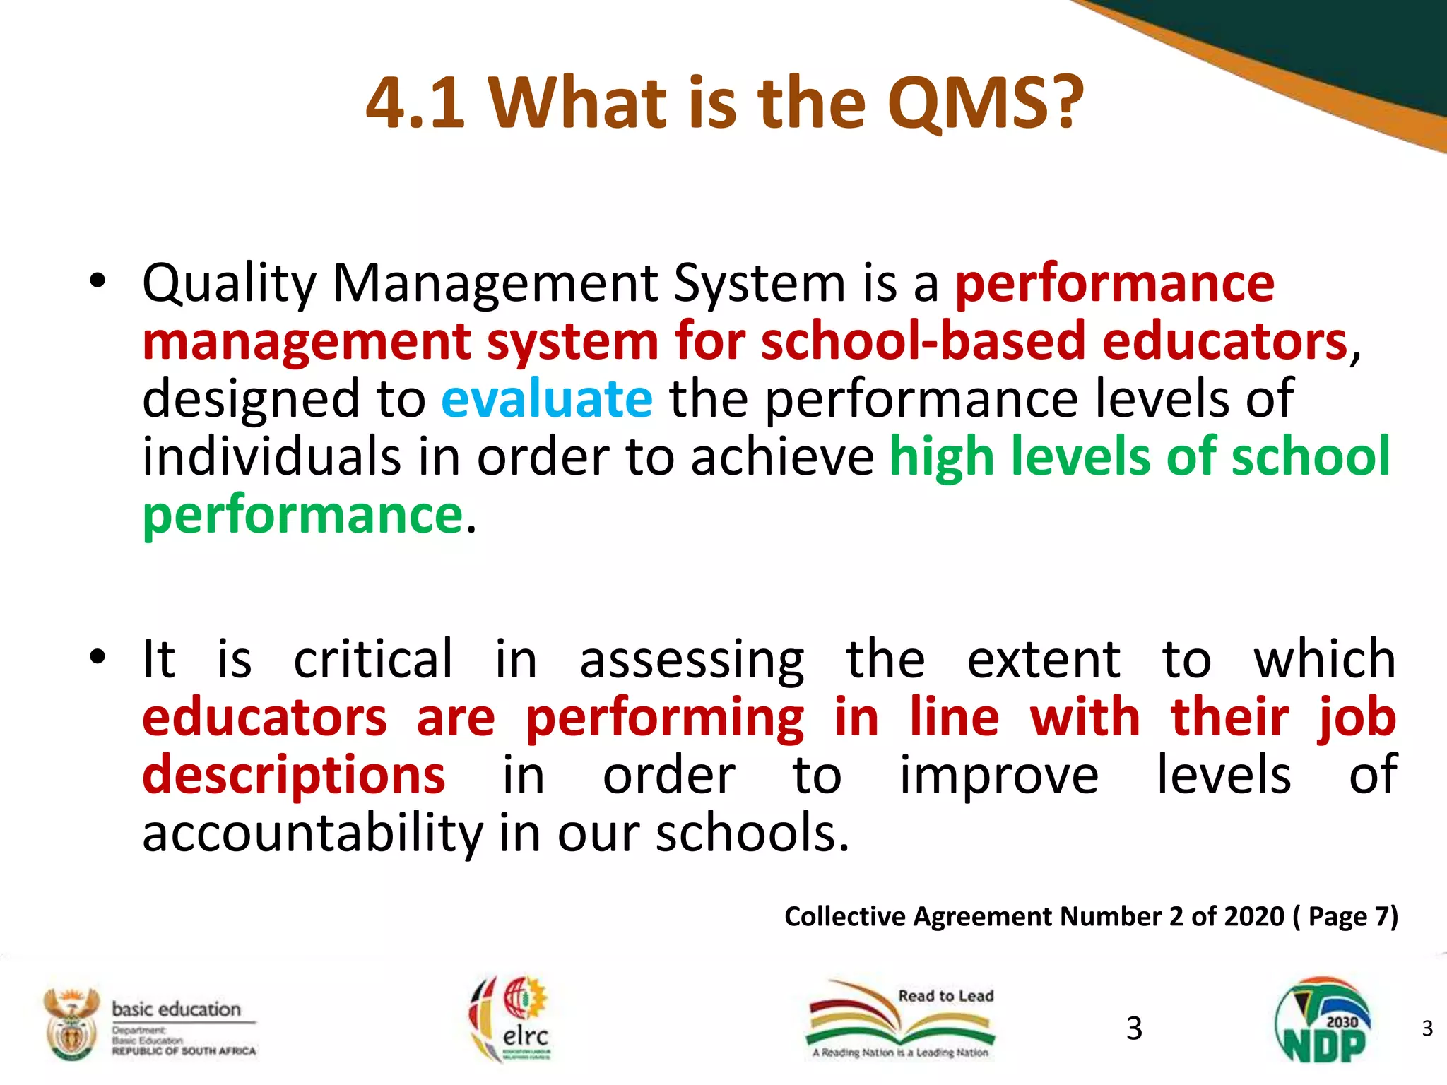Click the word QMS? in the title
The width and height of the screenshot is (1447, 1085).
985,105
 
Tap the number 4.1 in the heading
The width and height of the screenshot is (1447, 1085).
415,105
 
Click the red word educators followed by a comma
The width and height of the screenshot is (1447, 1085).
1224,341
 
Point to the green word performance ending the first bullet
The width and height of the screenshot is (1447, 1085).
302,516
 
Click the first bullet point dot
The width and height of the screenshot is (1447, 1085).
98,283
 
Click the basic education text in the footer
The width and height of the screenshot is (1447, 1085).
177,1009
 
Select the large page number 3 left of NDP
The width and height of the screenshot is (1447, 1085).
1134,1028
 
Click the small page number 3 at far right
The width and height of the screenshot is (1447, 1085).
1427,1028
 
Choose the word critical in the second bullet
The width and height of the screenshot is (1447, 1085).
372,660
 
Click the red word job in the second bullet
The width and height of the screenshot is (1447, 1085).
1357,718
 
